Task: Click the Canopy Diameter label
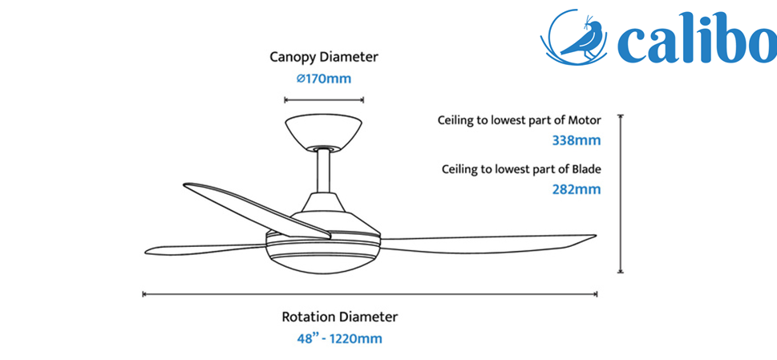324,57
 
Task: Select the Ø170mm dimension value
324,79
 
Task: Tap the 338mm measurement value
577,140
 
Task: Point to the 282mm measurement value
577,189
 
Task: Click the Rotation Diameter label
339,317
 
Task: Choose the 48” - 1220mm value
339,339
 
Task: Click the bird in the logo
581,37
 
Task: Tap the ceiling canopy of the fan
323,131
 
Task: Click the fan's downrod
324,172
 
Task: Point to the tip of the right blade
596,236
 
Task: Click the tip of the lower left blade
145,252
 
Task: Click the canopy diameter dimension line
324,100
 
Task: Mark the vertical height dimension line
620,193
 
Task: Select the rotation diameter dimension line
370,294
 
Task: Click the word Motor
585,119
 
